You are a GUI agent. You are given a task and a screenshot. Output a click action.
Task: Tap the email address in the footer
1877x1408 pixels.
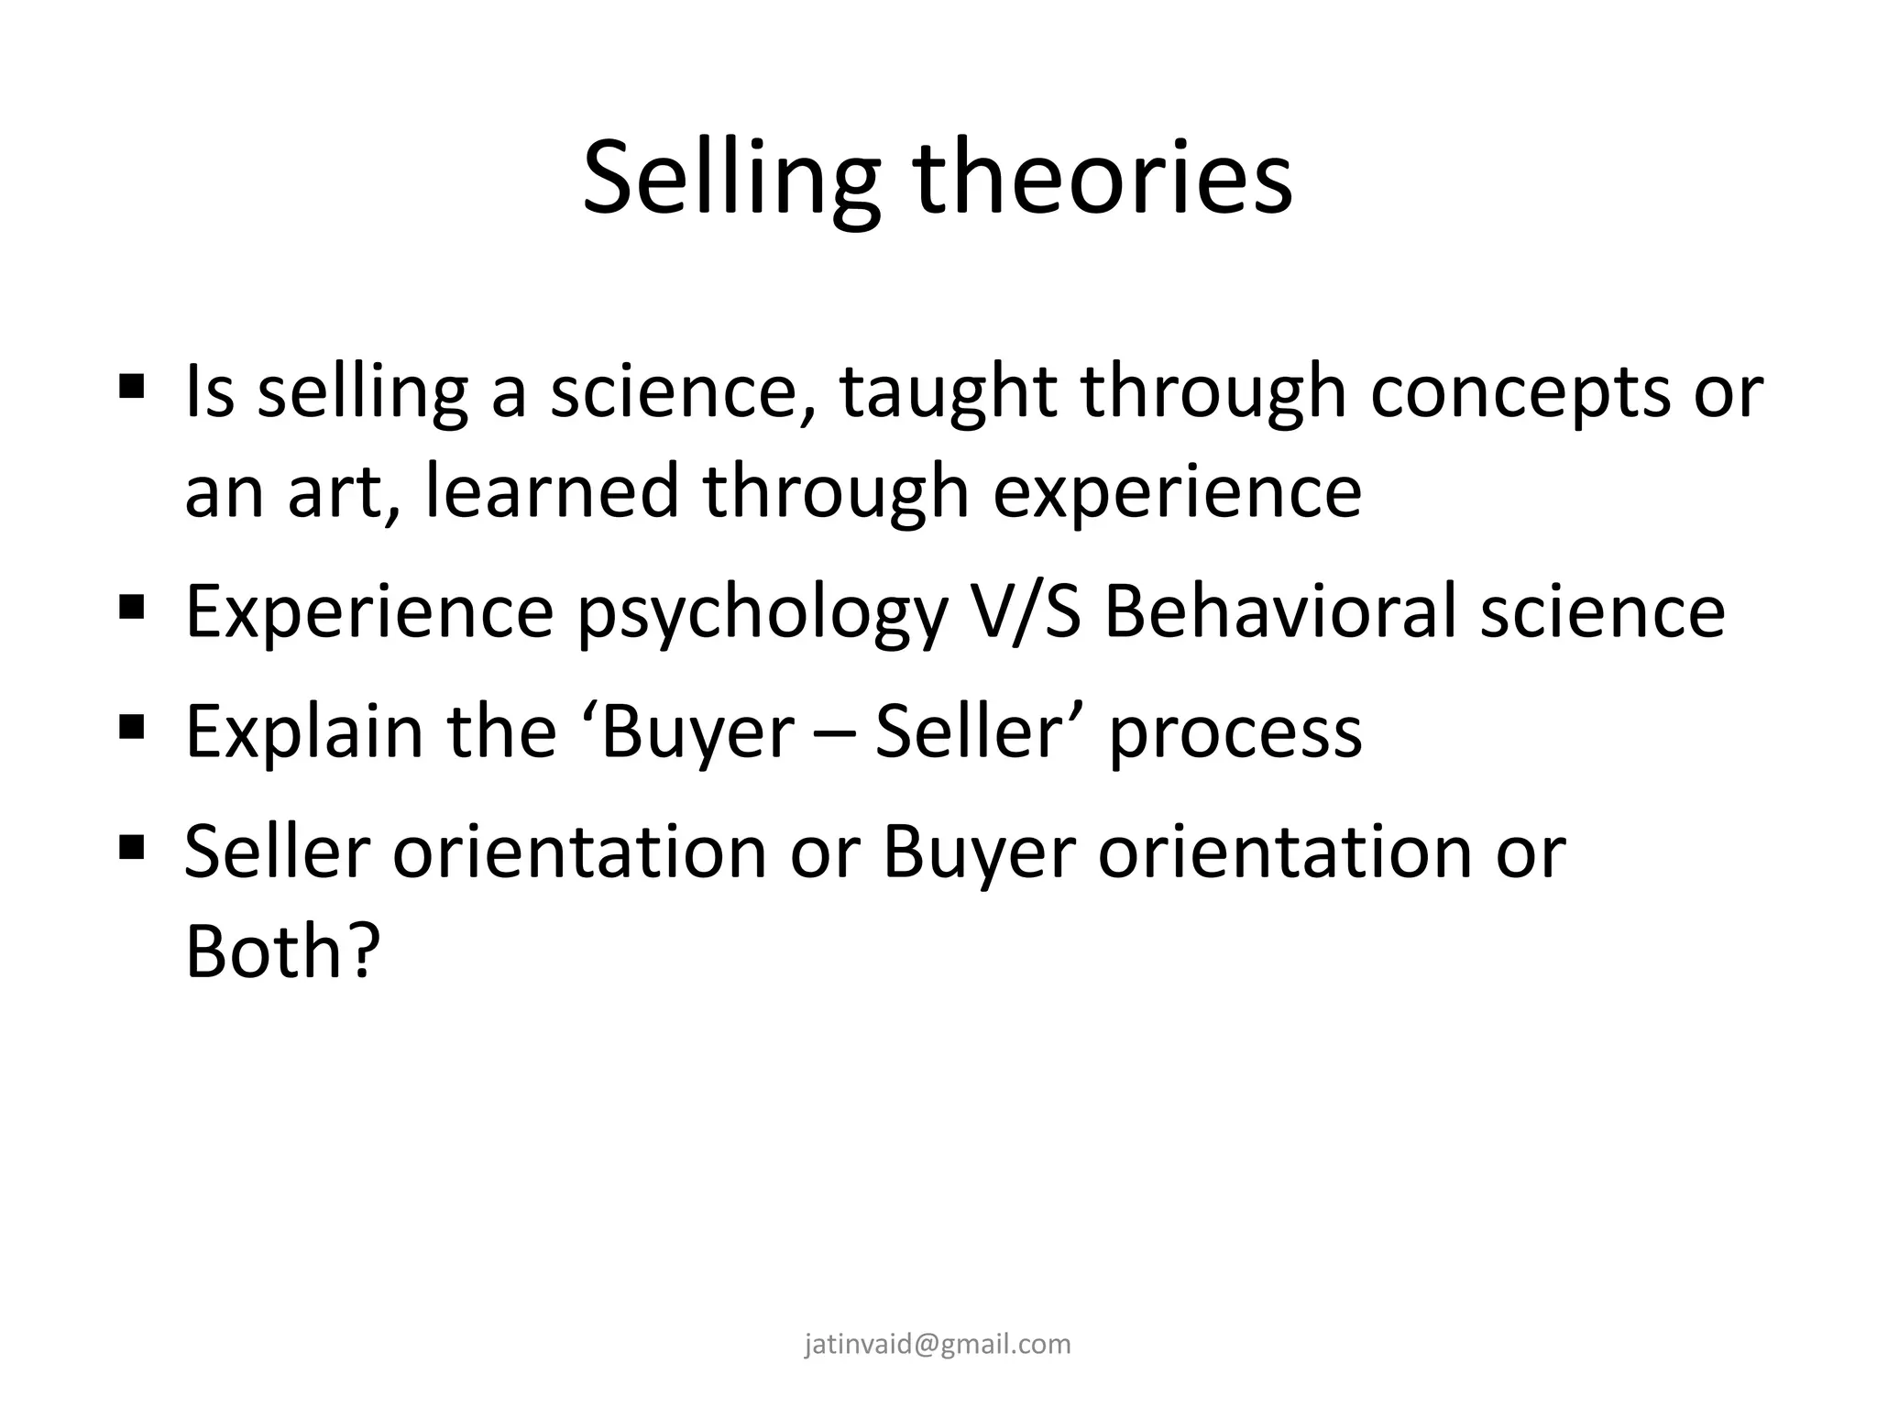click(938, 1344)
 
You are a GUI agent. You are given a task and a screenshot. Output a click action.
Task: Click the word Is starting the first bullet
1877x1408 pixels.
click(210, 391)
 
